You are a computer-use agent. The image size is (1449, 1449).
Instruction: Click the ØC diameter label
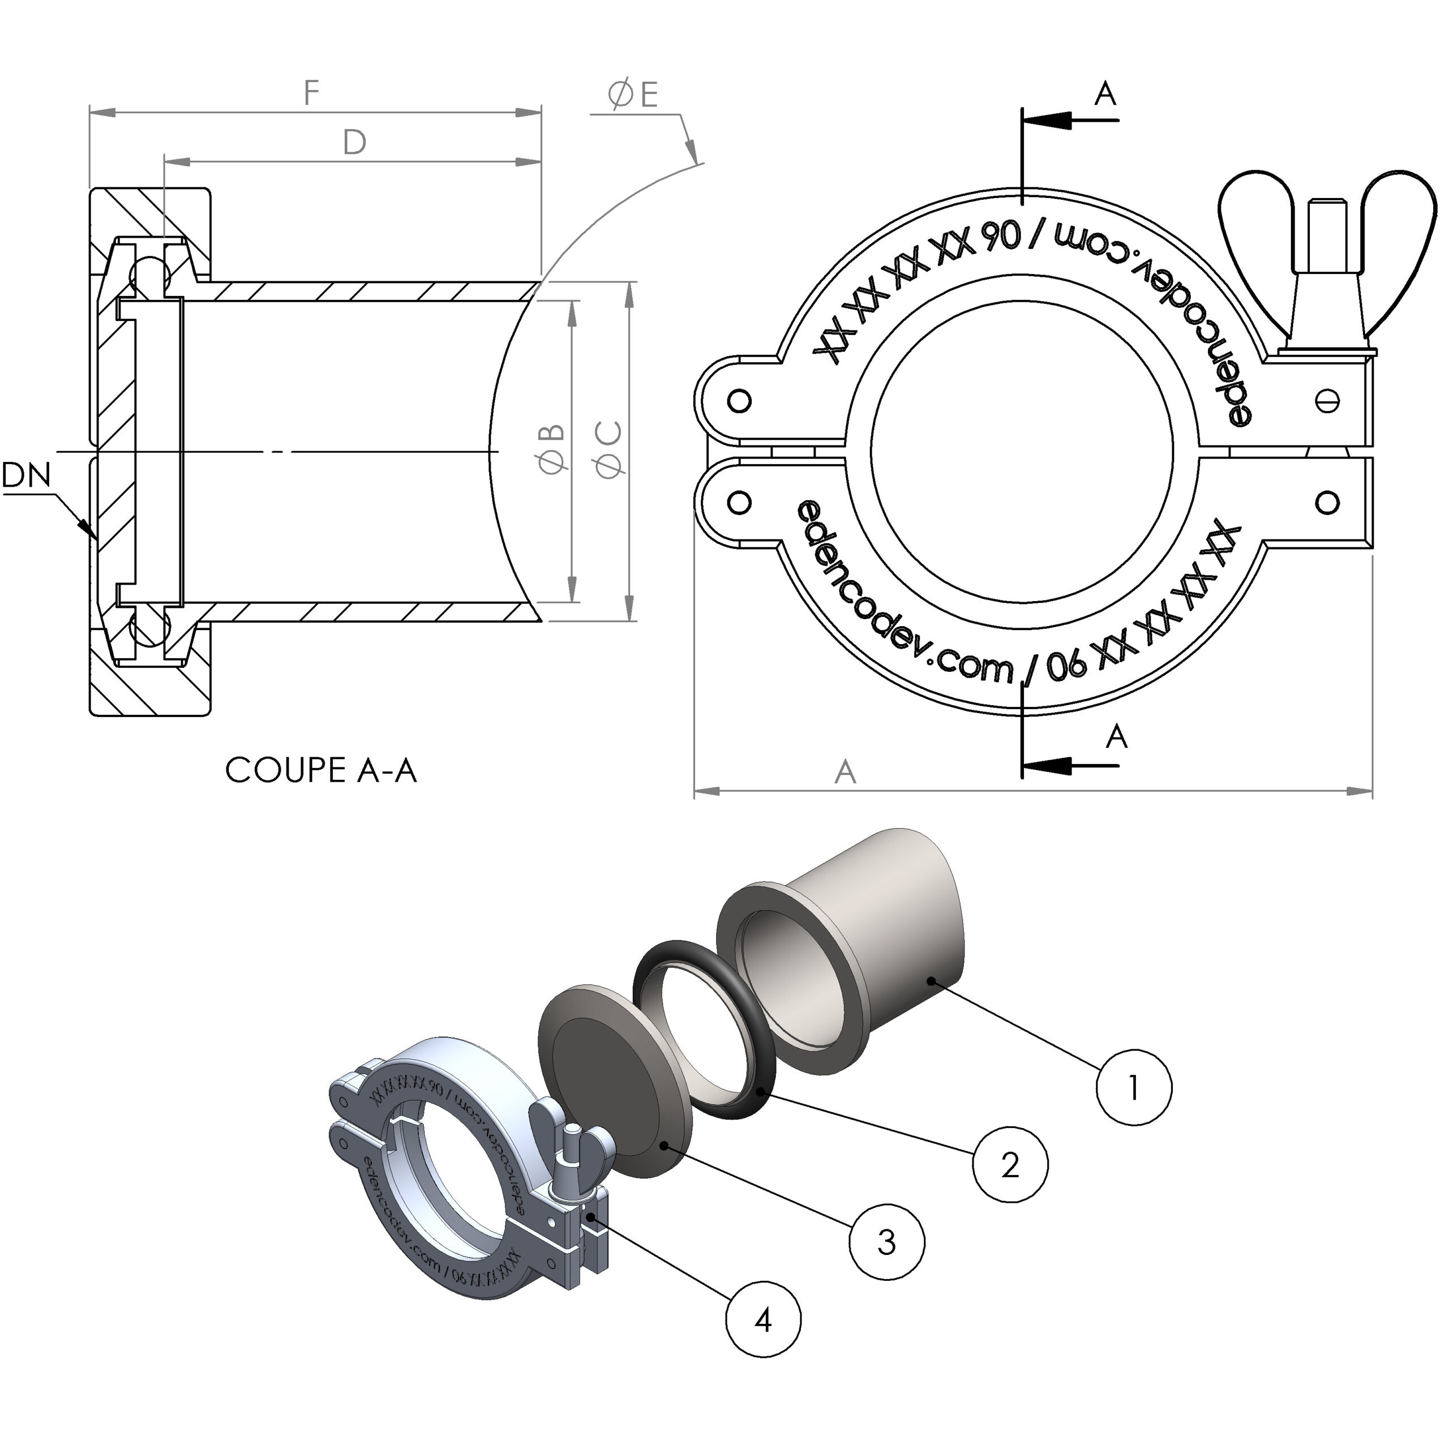(609, 449)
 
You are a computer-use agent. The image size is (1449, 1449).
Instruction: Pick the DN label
(26, 475)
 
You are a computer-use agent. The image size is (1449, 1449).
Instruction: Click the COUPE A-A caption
(320, 770)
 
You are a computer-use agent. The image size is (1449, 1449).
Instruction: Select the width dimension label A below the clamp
(845, 771)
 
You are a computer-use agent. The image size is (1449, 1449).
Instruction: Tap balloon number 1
(1133, 1087)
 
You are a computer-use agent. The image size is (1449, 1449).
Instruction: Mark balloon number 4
(764, 1319)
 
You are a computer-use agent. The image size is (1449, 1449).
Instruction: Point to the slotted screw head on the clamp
(1327, 401)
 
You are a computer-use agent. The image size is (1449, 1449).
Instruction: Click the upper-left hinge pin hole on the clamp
(740, 401)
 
